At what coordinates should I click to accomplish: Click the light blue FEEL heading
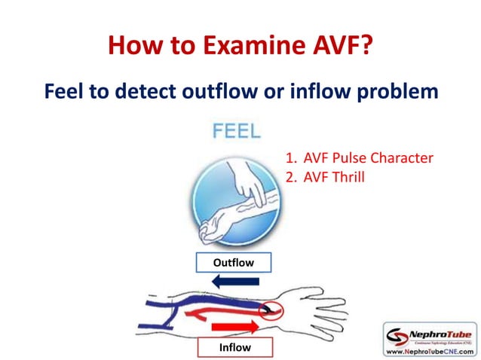click(237, 131)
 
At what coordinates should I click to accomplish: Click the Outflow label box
click(233, 263)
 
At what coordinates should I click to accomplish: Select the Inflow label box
click(234, 347)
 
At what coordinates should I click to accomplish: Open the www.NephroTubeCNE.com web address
click(430, 351)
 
